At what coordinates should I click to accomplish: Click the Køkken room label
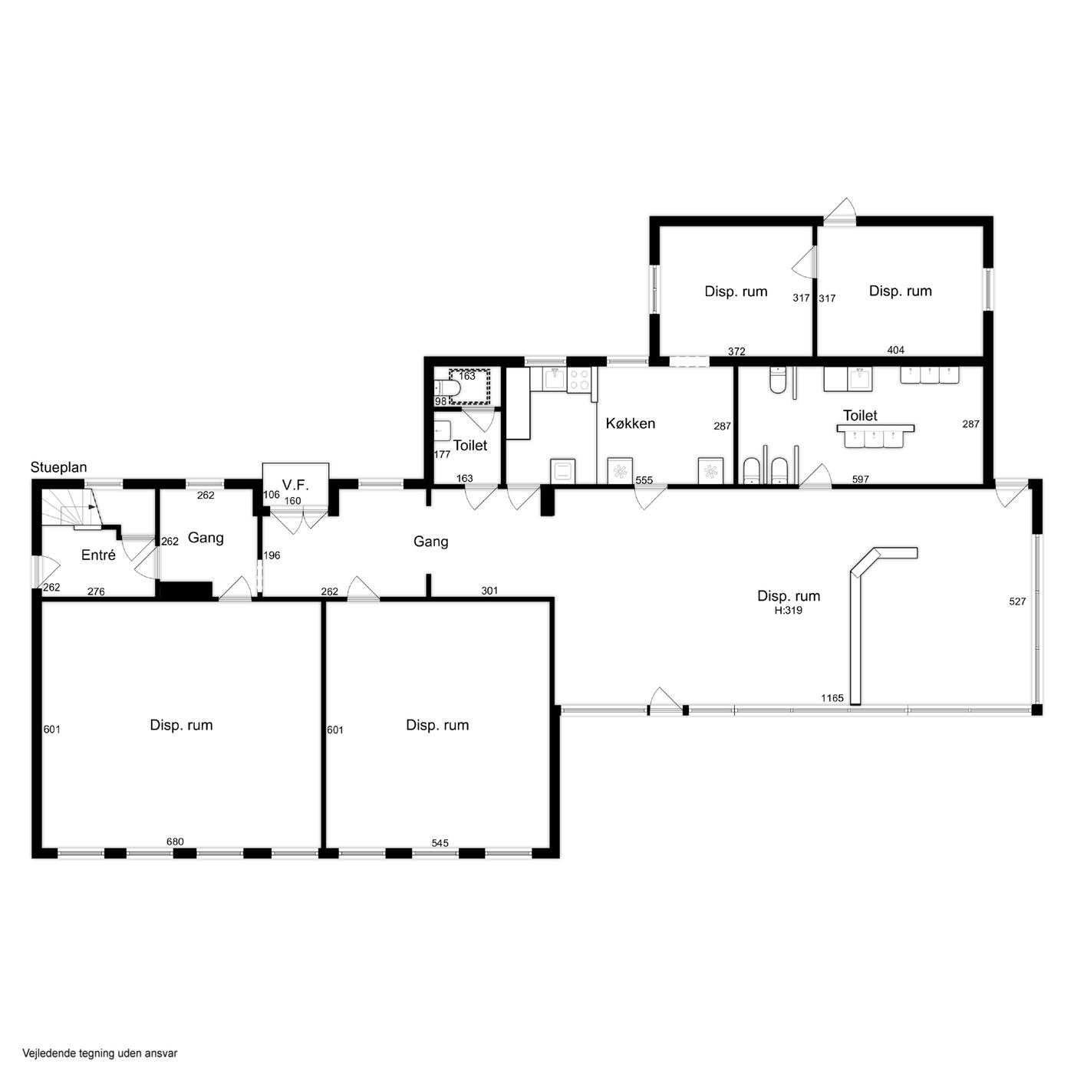[630, 423]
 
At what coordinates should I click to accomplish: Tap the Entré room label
[98, 555]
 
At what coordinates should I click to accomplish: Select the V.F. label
[295, 484]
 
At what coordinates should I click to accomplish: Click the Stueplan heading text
[58, 467]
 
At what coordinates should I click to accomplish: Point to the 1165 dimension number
[832, 698]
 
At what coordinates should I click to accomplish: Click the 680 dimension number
[175, 842]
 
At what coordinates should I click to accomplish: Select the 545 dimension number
[440, 842]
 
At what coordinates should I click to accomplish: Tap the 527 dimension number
[1017, 601]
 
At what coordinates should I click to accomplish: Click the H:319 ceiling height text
[788, 611]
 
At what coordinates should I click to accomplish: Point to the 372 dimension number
[736, 351]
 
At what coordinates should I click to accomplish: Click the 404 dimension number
[896, 350]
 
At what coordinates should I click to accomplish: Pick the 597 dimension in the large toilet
[861, 479]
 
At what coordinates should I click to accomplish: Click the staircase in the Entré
[71, 507]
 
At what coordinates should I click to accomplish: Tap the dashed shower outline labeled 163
[469, 386]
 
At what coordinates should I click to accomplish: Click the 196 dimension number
[272, 555]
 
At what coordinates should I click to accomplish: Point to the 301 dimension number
[489, 590]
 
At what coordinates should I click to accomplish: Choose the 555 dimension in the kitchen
[644, 480]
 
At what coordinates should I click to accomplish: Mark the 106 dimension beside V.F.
[272, 494]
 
